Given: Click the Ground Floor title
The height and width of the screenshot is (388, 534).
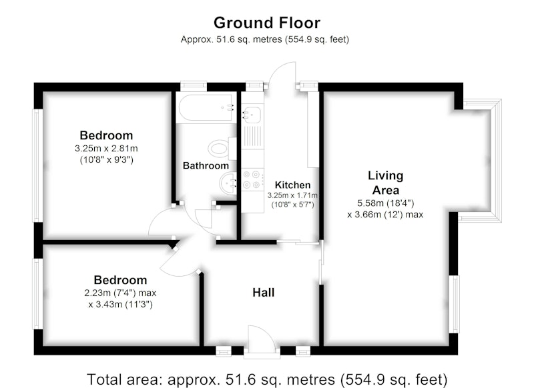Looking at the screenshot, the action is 266,23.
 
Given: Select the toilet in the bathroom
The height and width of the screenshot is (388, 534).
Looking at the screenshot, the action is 222,149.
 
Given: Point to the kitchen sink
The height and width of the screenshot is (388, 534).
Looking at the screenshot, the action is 252,113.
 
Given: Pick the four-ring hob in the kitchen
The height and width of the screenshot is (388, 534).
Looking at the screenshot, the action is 252,180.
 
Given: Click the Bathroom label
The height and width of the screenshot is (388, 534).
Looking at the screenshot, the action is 206,165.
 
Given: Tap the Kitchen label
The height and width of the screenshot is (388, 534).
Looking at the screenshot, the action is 292,185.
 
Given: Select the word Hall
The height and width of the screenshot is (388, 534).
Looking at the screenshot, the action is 263,293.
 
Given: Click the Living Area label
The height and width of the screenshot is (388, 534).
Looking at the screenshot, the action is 386,183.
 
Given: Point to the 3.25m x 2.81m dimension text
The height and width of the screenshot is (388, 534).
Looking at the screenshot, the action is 106,149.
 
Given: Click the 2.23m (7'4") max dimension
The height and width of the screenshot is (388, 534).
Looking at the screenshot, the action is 120,293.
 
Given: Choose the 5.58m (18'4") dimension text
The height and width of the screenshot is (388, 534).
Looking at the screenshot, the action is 386,203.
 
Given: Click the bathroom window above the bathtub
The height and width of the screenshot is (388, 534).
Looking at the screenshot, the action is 194,86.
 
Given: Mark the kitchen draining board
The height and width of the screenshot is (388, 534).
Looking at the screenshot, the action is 252,137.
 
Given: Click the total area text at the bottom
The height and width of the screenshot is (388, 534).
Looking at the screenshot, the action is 267,379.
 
